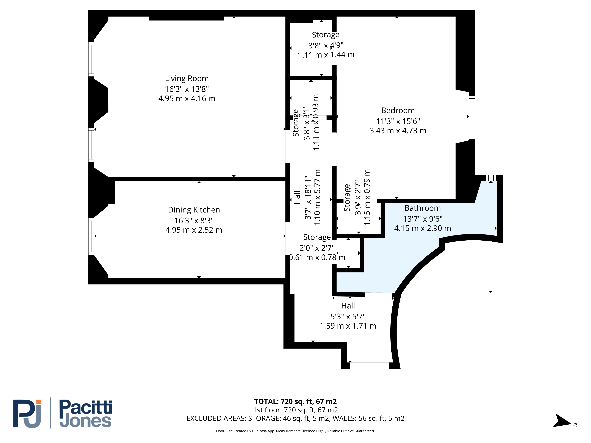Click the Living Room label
[187, 79]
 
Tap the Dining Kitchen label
[194, 210]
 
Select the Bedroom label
[398, 111]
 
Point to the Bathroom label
[423, 208]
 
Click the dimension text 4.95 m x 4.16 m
[187, 98]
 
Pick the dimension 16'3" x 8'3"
[194, 221]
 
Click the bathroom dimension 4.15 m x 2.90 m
[423, 228]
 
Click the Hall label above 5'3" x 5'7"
[348, 306]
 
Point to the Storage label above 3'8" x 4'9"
[326, 35]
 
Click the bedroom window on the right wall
[472, 117]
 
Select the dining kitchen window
[91, 236]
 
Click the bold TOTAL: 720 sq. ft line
[295, 402]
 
